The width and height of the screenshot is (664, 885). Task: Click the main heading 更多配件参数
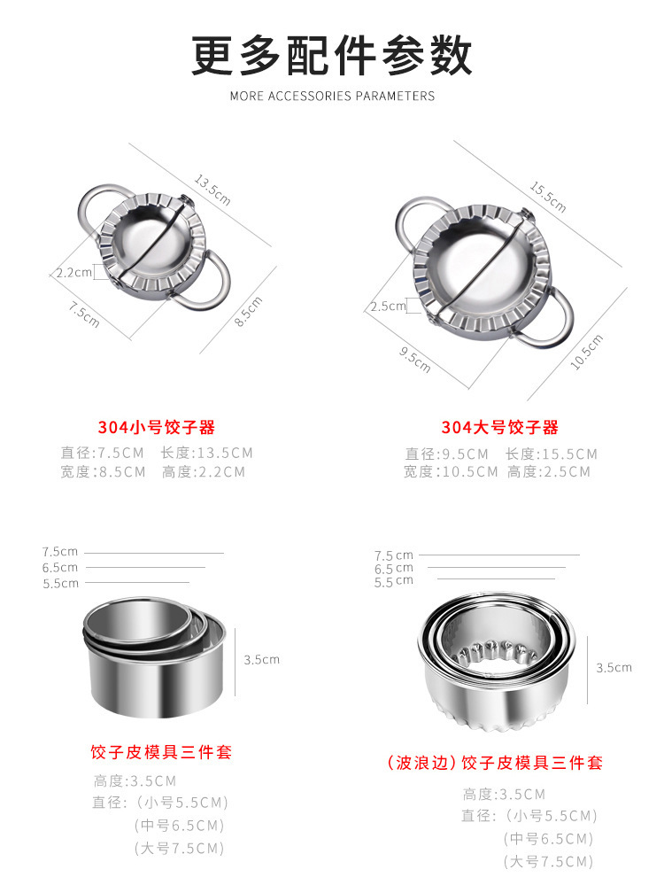(332, 55)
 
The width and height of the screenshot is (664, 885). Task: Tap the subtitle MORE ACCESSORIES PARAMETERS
(332, 96)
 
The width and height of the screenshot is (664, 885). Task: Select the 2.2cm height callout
(73, 273)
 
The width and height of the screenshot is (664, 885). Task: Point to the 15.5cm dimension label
(548, 197)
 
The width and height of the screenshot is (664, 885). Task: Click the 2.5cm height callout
(388, 307)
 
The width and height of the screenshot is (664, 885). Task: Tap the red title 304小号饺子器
(157, 427)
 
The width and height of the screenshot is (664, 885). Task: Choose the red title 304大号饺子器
(500, 427)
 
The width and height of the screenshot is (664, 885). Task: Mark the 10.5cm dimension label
(586, 352)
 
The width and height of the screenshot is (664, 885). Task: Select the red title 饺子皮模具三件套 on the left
(161, 752)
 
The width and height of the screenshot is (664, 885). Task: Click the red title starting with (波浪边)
(495, 763)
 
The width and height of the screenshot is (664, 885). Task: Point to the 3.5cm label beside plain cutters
(262, 659)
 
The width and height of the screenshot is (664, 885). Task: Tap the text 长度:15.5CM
(552, 454)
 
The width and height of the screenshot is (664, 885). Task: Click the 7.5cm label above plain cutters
(60, 552)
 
